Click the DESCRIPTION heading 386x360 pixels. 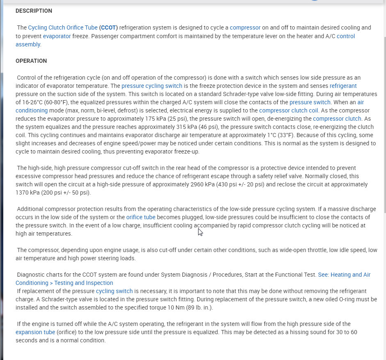point(34,11)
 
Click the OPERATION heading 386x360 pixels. point(31,61)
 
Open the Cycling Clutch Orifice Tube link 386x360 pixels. point(63,28)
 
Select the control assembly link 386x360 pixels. point(345,36)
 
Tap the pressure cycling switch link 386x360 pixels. point(152,86)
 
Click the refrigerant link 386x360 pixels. point(343,86)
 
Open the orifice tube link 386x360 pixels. point(141,217)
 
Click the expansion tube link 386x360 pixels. point(35,332)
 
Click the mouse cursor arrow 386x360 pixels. point(200,232)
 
